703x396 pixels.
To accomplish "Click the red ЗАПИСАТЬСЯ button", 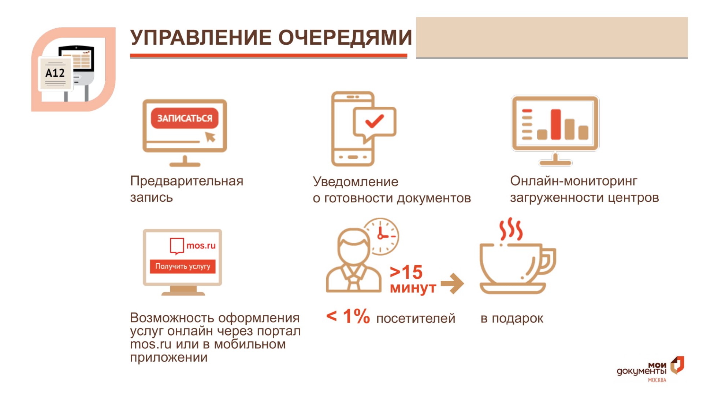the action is (x=185, y=118).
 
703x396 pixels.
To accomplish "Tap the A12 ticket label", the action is (x=55, y=73).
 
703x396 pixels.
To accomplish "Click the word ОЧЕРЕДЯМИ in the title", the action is (x=345, y=37).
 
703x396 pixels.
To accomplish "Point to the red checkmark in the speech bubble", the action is (x=374, y=121).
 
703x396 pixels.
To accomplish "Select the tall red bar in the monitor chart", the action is (x=556, y=124).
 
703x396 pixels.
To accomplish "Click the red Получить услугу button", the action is (x=182, y=266).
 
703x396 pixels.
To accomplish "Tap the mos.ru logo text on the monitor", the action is (x=201, y=245).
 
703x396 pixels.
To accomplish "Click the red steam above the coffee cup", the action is (x=511, y=229).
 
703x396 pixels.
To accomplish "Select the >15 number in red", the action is (x=406, y=272).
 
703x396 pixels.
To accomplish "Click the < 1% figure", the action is (x=348, y=316).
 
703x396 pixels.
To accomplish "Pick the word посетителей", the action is (x=416, y=318).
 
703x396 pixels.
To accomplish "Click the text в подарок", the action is (x=512, y=319).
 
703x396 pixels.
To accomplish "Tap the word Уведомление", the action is (x=355, y=181).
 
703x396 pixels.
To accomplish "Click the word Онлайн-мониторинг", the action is (x=573, y=181).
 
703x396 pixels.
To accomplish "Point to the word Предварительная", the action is (x=187, y=181).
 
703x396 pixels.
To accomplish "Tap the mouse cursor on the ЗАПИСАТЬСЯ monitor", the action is (x=210, y=137).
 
